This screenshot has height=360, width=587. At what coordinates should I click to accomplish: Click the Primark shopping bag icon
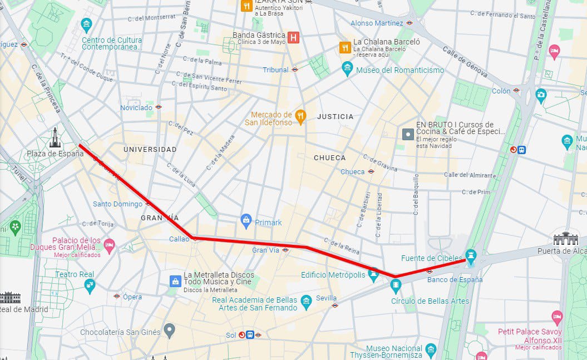pos(246,221)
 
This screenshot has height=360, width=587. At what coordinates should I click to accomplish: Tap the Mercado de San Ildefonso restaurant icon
pos(300,116)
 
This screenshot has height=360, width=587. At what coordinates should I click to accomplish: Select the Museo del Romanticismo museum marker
pos(347,69)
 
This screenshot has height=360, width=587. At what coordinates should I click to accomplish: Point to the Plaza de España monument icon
pos(55,137)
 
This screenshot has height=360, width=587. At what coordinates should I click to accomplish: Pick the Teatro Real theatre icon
pos(89,285)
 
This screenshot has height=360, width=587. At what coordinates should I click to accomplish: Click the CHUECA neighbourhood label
pos(329,157)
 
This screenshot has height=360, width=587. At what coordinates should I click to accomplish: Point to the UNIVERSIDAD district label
pos(150,149)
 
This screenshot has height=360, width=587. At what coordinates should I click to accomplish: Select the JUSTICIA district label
pos(335,116)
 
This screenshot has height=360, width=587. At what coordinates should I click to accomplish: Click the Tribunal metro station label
pos(276,70)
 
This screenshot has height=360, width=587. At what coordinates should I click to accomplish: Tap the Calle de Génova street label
pos(465,62)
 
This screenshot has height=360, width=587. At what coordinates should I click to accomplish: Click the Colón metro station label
pos(501,91)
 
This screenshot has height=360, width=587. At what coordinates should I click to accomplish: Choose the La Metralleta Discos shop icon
pos(175,280)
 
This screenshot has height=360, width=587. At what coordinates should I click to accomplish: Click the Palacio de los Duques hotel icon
pos(110,244)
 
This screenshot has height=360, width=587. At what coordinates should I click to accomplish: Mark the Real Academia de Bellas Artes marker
pos(306,303)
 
